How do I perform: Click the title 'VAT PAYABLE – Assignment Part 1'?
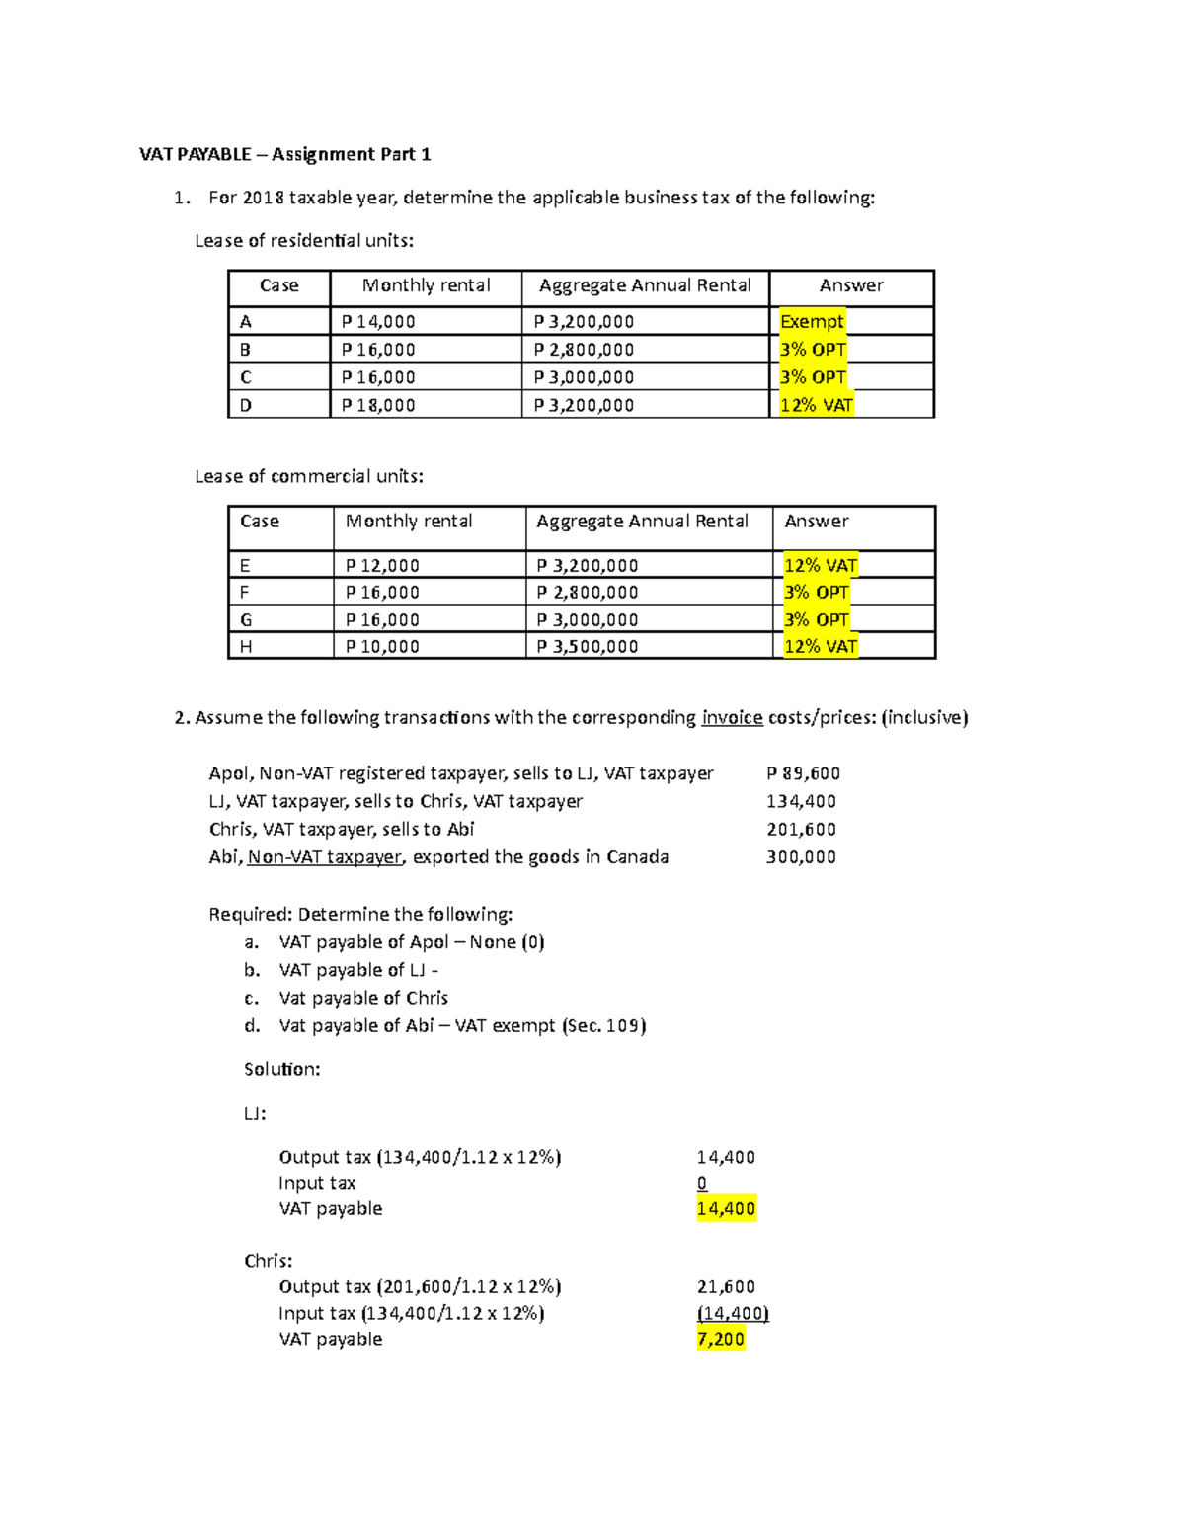pos(284,154)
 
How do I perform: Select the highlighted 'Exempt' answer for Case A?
pos(812,321)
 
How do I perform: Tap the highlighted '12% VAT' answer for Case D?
pos(816,405)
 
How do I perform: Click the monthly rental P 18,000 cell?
pos(378,405)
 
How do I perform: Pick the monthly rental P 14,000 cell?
pos(378,321)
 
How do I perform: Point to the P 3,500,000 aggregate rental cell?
pos(588,647)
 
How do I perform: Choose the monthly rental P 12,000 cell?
pos(382,566)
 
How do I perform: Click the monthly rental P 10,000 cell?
pos(382,647)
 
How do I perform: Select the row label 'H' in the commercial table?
pos(246,647)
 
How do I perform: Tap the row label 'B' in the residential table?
pos(245,350)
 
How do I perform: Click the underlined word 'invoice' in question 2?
pos(732,718)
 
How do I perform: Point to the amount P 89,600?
pos(803,773)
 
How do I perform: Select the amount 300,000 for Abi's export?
pos(801,857)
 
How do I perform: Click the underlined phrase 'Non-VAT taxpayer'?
pos(325,857)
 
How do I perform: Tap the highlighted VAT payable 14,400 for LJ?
pos(726,1209)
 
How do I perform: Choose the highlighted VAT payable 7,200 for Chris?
pos(721,1340)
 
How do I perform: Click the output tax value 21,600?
pos(726,1287)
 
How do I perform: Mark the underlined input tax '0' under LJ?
pos(702,1183)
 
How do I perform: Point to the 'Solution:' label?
pos(282,1069)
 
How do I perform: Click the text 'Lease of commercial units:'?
pos(309,476)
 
